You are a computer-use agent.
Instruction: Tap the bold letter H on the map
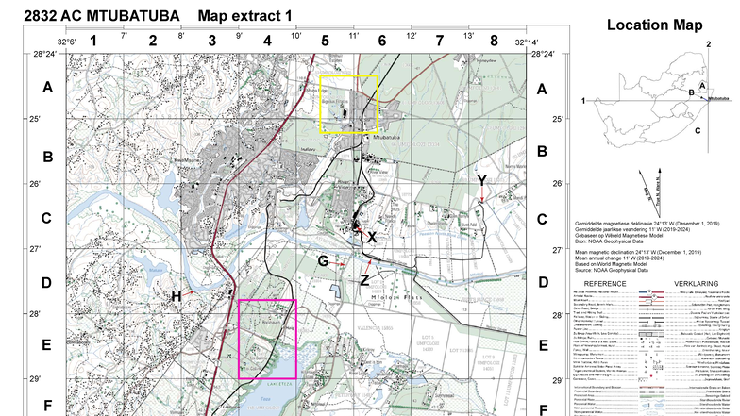click(176, 296)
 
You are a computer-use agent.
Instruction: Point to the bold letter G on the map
click(323, 260)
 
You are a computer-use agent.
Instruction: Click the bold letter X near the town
click(372, 237)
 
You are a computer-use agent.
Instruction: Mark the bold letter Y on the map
click(481, 180)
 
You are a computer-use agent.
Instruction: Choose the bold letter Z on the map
click(364, 280)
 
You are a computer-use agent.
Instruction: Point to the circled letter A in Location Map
click(702, 86)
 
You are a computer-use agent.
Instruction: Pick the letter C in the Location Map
click(697, 130)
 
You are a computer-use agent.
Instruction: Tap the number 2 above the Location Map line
click(707, 44)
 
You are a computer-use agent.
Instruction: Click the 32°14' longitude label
click(527, 42)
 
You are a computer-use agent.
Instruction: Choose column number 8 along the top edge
click(494, 41)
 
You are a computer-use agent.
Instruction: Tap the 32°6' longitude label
click(66, 42)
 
